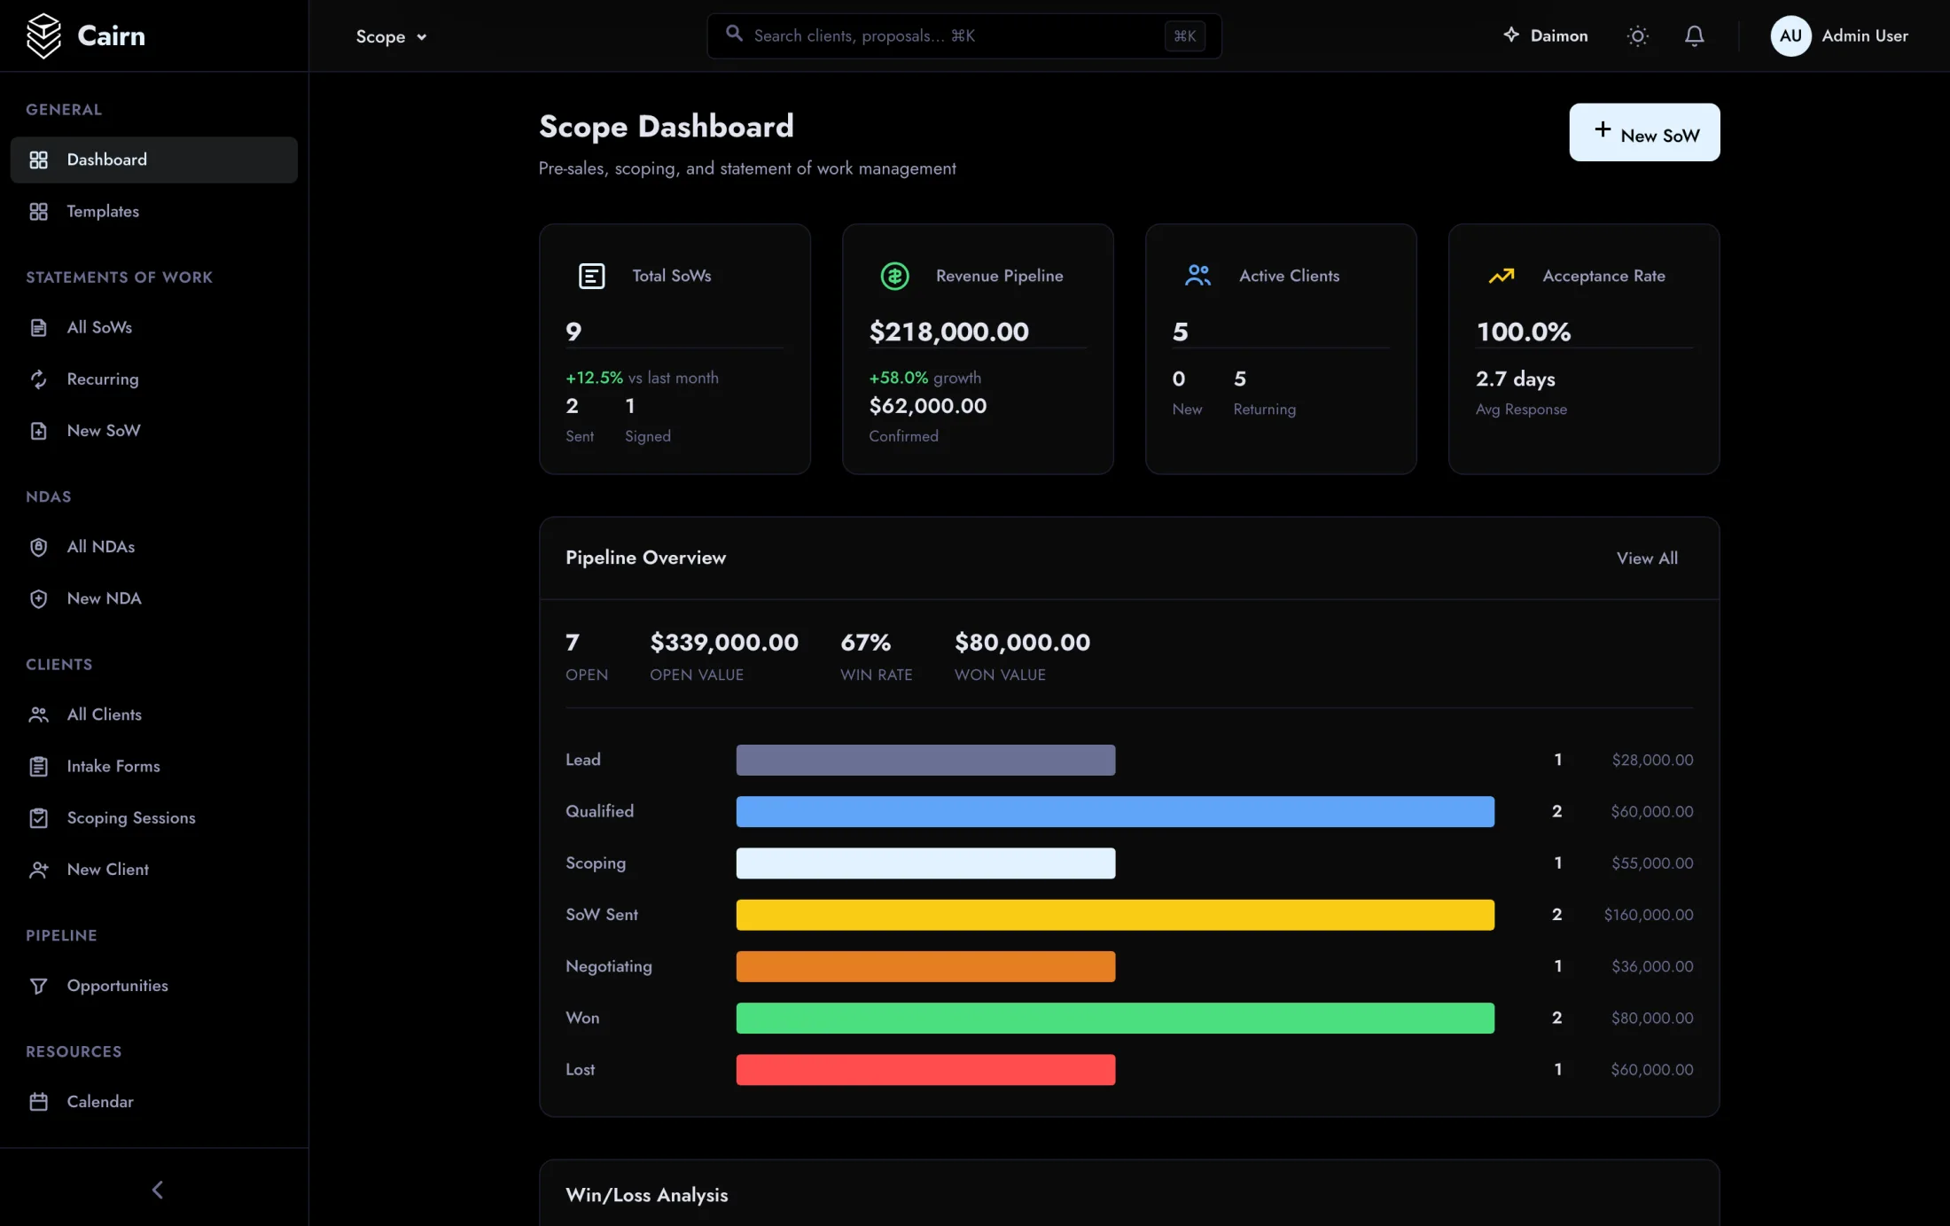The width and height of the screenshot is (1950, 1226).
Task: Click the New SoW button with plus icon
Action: (1644, 133)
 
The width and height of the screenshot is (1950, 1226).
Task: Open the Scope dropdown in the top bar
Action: (391, 36)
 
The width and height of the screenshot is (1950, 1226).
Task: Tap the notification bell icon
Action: (1694, 35)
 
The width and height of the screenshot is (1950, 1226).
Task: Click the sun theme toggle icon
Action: (1638, 35)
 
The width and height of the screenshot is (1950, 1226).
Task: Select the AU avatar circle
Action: (1790, 35)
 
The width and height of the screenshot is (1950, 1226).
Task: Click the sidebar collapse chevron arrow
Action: (158, 1190)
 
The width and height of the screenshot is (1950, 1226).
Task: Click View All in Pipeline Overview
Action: (1647, 558)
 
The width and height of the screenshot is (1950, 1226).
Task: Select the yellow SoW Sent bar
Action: (1115, 915)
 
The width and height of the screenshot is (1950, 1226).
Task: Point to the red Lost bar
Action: (925, 1069)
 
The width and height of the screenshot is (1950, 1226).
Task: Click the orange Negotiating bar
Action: (925, 966)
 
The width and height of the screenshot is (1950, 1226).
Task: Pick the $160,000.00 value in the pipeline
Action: (1649, 915)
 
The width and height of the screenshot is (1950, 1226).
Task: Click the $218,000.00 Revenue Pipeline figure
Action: (948, 332)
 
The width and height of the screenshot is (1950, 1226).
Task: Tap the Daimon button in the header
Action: (1545, 35)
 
